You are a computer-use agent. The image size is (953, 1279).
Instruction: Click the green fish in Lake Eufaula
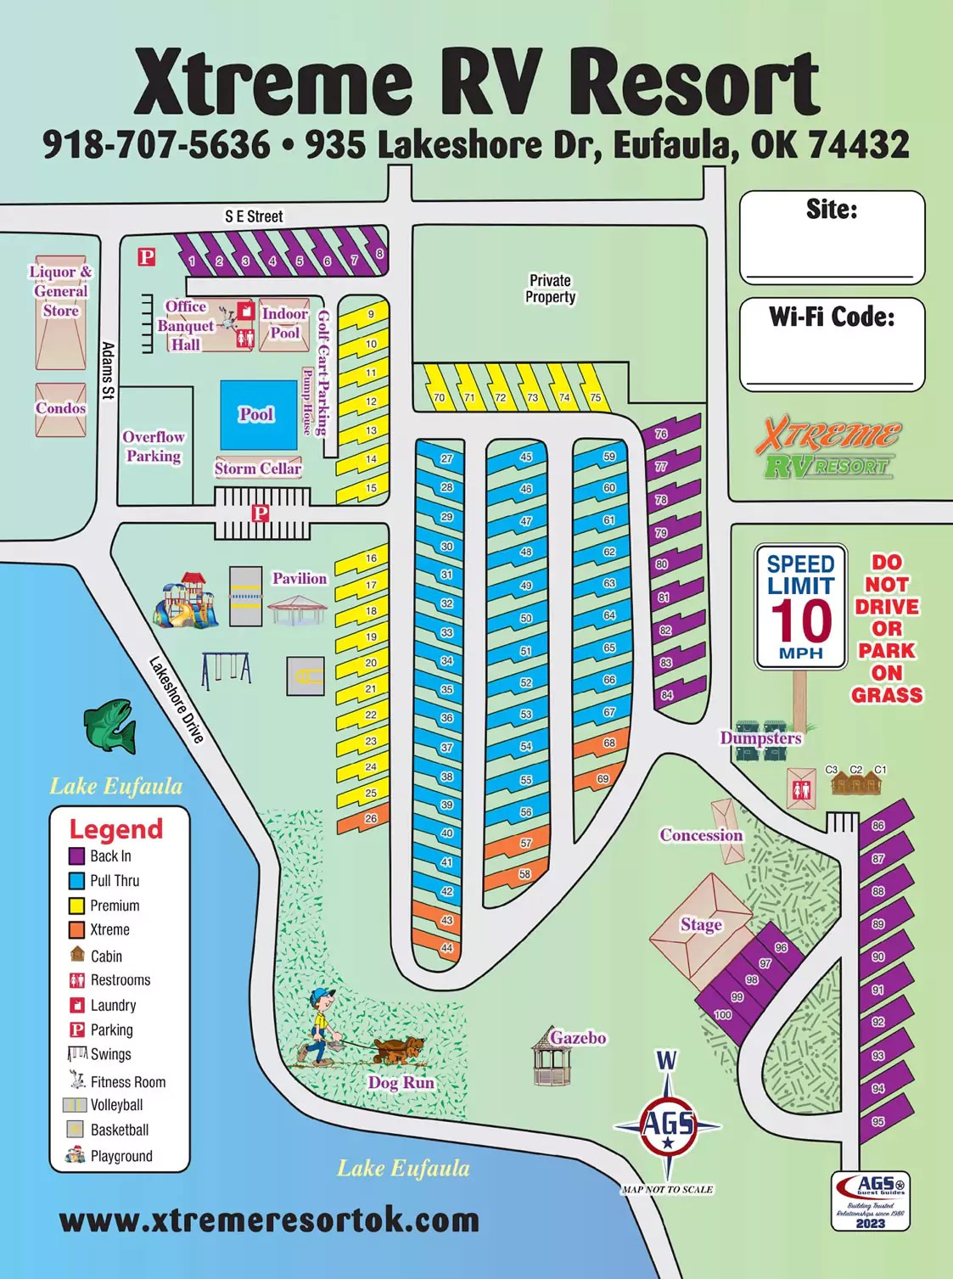(x=110, y=725)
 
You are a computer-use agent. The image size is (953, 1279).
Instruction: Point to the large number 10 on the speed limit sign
(x=800, y=620)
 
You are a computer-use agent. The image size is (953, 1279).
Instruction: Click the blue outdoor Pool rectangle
(x=257, y=414)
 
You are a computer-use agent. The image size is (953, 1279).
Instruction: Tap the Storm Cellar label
(x=257, y=468)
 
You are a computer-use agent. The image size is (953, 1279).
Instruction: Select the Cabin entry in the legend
(x=106, y=956)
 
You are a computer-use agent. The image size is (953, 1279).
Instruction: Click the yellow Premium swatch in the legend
(x=77, y=906)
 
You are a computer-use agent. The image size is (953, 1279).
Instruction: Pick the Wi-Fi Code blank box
(x=832, y=344)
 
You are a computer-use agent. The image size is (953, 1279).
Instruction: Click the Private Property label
(x=550, y=289)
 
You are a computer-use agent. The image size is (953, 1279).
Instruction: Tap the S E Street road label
(x=254, y=216)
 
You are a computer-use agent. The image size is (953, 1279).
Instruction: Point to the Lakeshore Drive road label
(x=177, y=700)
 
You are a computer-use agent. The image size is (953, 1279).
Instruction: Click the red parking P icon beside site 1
(x=147, y=256)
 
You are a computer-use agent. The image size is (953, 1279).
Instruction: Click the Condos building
(x=60, y=409)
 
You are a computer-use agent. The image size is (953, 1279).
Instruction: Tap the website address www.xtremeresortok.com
(x=269, y=1220)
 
